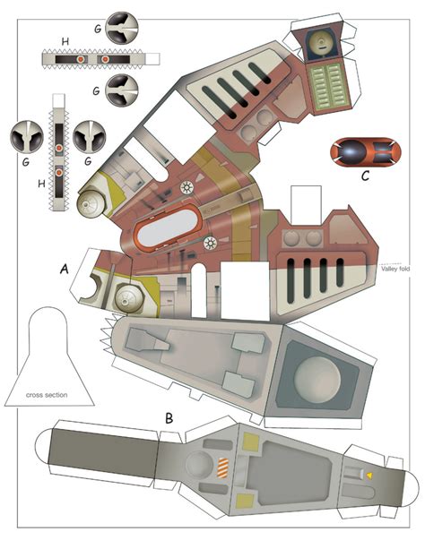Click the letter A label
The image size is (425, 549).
[x=65, y=269]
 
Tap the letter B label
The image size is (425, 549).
[x=169, y=418]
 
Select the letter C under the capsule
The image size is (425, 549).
[x=365, y=176]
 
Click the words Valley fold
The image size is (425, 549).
[x=395, y=269]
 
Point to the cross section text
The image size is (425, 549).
[x=47, y=395]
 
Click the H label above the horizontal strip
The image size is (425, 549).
[x=65, y=42]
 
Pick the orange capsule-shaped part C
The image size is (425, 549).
[x=365, y=152]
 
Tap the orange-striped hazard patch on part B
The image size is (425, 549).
[x=223, y=468]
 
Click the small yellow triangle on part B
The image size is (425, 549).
[x=369, y=476]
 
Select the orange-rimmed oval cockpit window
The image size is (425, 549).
[x=168, y=227]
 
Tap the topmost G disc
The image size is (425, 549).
[x=122, y=28]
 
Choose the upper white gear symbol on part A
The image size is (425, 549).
[x=186, y=188]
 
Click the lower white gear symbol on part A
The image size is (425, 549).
[x=210, y=243]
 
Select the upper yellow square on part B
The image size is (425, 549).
[x=251, y=442]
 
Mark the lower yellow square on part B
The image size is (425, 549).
[x=245, y=501]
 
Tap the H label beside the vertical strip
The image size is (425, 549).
[x=42, y=184]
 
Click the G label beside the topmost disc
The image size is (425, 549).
[x=98, y=29]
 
